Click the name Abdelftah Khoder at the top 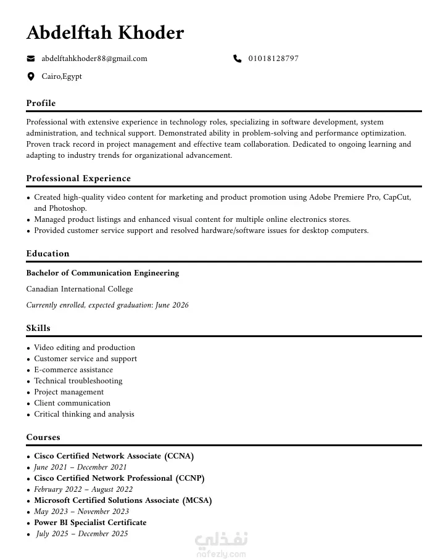pos(105,33)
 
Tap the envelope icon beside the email pos(31,59)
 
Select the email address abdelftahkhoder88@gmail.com pos(94,59)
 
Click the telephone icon pos(238,59)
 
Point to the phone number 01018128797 pos(273,59)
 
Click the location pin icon pos(31,76)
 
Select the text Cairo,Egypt pos(62,76)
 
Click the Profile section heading pos(41,103)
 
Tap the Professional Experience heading pos(78,178)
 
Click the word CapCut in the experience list pos(396,197)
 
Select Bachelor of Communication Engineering pos(102,273)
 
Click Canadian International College pos(80,289)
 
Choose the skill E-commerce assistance pos(73,370)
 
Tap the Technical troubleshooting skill pos(78,381)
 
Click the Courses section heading pos(43,437)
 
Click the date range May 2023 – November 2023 pos(81,512)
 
